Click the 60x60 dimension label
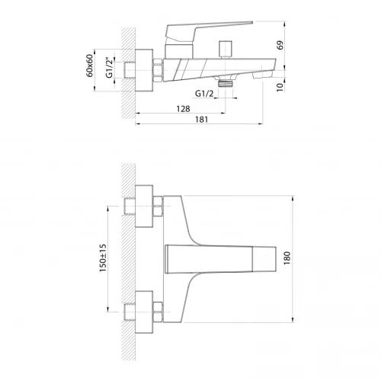pyautogui.click(x=90, y=66)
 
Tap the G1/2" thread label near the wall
pyautogui.click(x=109, y=68)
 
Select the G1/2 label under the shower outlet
pyautogui.click(x=204, y=94)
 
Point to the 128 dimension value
pyautogui.click(x=183, y=109)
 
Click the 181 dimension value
pyautogui.click(x=201, y=120)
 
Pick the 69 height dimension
pyautogui.click(x=280, y=45)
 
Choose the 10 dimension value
pyautogui.click(x=280, y=87)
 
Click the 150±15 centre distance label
pyautogui.click(x=103, y=258)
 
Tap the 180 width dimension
pyautogui.click(x=287, y=258)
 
